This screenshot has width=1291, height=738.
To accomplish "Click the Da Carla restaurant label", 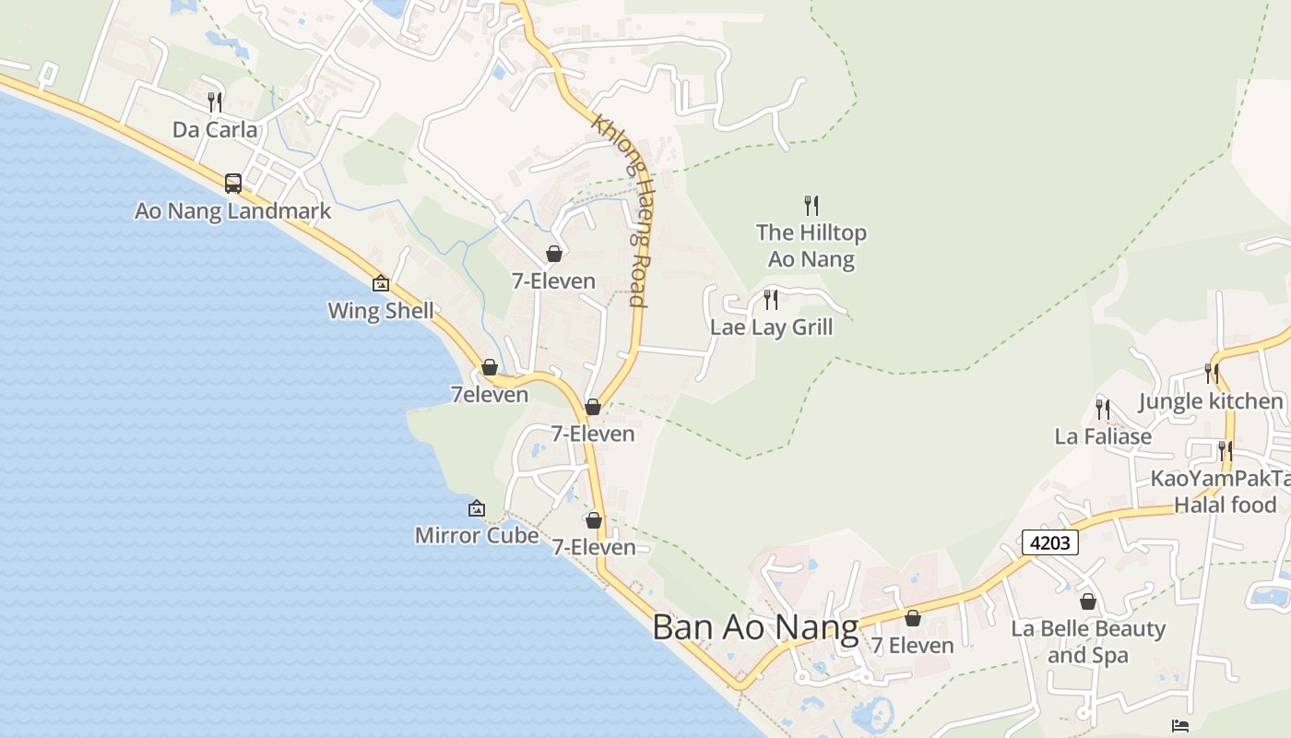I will click(x=215, y=129).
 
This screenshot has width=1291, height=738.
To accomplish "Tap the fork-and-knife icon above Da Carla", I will click(x=215, y=101).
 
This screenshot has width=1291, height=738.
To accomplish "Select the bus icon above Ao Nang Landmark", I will click(x=233, y=183).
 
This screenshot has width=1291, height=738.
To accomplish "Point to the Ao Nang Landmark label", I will click(x=232, y=210).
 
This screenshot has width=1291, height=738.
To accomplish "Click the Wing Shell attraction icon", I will click(x=381, y=283).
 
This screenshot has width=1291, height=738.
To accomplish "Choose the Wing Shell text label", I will click(x=381, y=311).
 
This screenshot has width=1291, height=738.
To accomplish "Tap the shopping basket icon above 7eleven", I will click(x=490, y=367).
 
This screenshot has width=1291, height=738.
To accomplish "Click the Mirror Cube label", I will click(x=477, y=535).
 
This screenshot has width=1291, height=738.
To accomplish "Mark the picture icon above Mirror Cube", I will click(x=477, y=507).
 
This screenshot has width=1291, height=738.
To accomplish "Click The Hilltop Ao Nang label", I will click(x=811, y=245).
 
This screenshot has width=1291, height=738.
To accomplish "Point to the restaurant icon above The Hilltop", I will click(x=811, y=205).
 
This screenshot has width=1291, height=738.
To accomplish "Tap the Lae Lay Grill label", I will click(x=771, y=327).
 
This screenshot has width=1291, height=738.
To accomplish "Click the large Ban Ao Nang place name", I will click(x=755, y=627).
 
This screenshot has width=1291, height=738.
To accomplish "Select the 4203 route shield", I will click(x=1049, y=542).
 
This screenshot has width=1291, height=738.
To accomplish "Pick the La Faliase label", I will click(x=1103, y=436).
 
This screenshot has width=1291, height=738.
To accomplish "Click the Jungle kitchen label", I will click(x=1211, y=401).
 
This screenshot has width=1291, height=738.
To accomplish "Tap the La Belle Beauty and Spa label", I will click(x=1088, y=641).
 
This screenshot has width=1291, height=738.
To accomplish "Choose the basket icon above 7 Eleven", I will click(x=913, y=618).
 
